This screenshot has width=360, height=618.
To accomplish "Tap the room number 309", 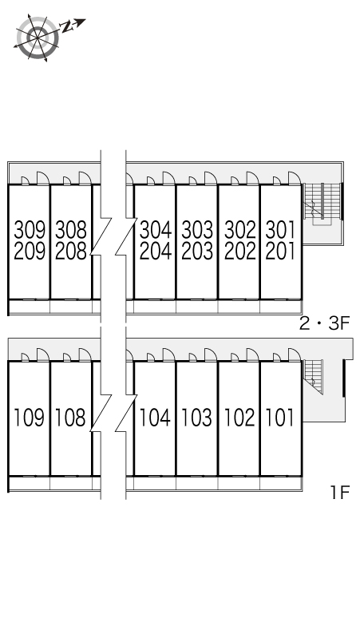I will [x=30, y=232].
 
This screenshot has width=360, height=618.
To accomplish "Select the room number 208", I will [x=71, y=252].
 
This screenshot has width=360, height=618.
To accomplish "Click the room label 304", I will [x=156, y=232].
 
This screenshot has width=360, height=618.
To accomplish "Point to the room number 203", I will [x=197, y=252].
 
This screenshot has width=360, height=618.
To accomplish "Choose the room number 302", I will [x=239, y=232].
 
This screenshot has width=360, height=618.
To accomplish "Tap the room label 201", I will [x=280, y=252].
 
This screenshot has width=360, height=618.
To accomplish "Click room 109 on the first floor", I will [x=30, y=417].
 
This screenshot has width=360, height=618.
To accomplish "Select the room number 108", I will [x=71, y=417].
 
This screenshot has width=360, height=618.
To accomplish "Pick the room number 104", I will [x=156, y=417].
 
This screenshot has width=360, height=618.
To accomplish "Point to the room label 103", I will [x=197, y=417].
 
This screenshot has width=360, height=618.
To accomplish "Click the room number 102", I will [x=239, y=417].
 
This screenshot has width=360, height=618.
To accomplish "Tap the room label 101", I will [x=280, y=417].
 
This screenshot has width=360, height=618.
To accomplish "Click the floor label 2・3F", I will [x=325, y=323].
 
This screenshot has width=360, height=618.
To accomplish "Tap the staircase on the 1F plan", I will [x=317, y=375].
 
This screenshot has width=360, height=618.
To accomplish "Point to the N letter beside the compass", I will [x=67, y=27].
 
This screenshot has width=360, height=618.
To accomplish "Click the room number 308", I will [x=71, y=232].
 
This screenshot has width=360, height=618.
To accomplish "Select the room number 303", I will [x=197, y=232].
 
